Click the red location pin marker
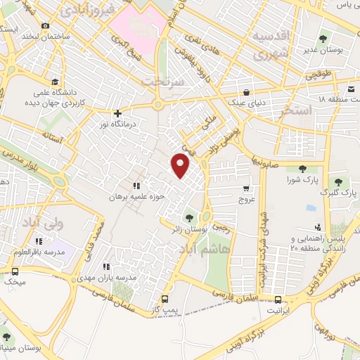pos(181,165)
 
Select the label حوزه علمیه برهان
pos(136,198)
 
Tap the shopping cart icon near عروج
pos(245,188)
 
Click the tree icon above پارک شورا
pos(302,168)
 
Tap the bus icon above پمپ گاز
pos(165,297)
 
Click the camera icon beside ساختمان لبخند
pos(45,26)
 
